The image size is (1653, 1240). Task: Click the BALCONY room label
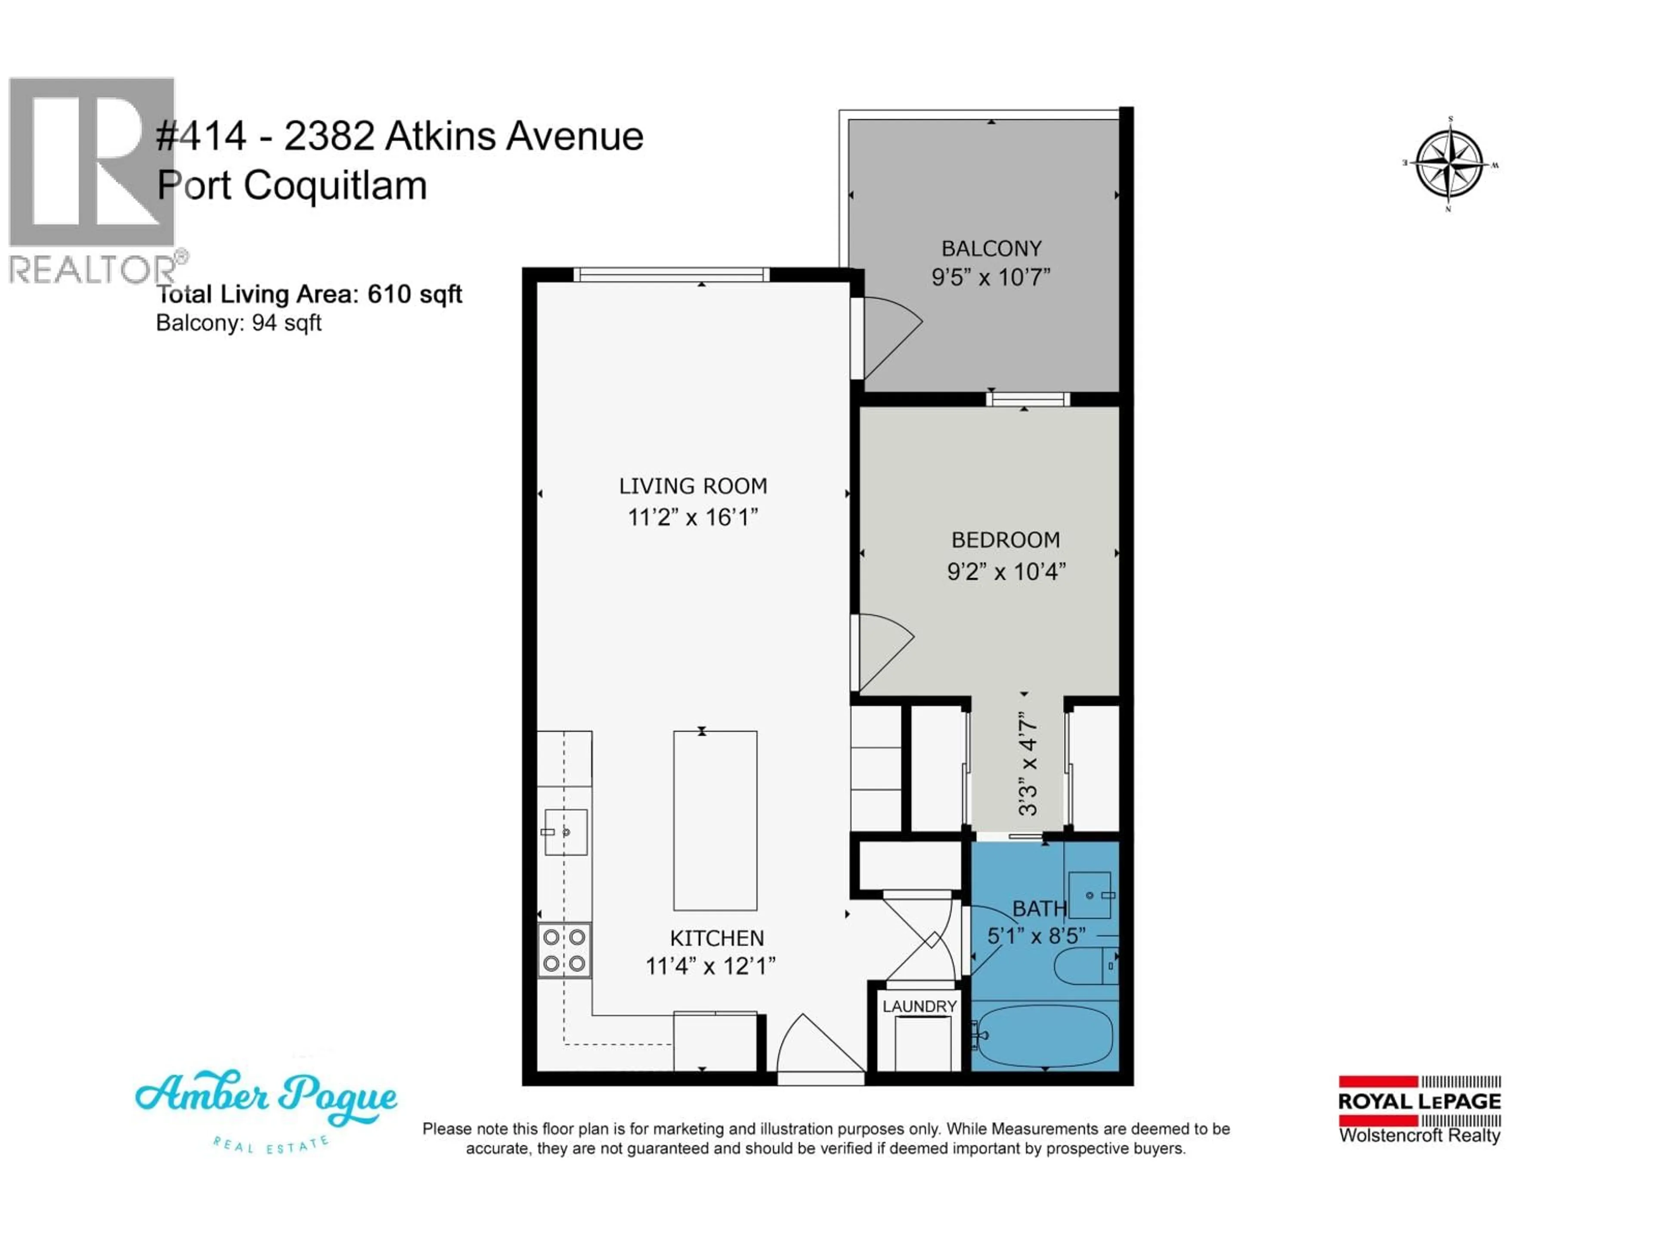tap(991, 248)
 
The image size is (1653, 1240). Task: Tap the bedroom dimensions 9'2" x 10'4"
tap(1006, 572)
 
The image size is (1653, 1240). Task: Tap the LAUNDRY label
tap(919, 1006)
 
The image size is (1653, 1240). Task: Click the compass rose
tap(1450, 164)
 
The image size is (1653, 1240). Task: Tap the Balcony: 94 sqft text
tap(238, 323)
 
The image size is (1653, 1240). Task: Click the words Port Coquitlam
tap(291, 186)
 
